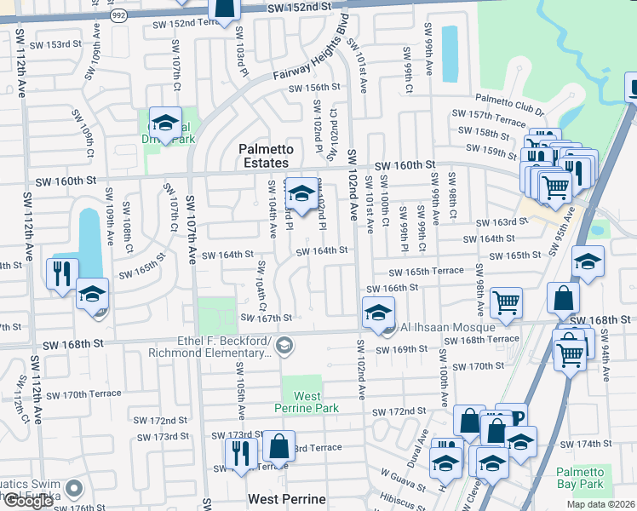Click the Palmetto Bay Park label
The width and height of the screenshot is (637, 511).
coord(579,479)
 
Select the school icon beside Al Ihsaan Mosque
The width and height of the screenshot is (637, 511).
coord(379,313)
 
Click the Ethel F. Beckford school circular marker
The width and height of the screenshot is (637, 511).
coord(284,346)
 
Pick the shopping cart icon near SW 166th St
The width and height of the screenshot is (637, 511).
coord(506,301)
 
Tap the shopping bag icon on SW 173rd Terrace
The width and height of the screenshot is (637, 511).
coord(278,445)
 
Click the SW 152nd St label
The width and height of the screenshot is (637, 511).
coord(298,7)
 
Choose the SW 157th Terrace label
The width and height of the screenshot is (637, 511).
coord(483,114)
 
